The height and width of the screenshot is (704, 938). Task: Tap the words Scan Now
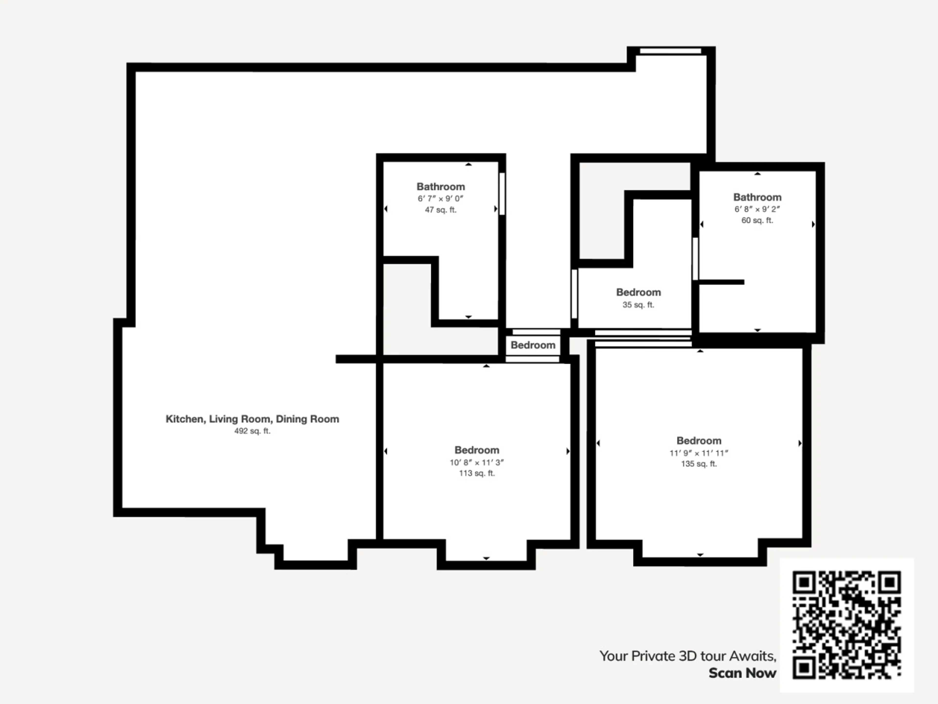tap(743, 673)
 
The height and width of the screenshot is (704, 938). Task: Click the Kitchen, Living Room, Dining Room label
tap(252, 419)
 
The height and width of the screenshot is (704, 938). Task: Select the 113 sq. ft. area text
tap(477, 473)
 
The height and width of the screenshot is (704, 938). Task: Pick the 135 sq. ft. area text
tap(699, 464)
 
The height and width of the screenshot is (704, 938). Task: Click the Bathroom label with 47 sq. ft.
tap(441, 187)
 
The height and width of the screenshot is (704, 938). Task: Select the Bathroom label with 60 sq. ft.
tap(757, 197)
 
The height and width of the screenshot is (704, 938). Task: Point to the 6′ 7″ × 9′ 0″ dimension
tap(441, 198)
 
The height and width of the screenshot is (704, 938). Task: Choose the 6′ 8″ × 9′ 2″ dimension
tap(757, 209)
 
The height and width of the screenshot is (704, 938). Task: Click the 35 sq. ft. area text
tap(638, 305)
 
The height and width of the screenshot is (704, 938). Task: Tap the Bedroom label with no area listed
tap(533, 345)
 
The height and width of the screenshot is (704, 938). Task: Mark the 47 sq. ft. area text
tap(441, 210)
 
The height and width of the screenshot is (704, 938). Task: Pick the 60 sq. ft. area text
tap(757, 220)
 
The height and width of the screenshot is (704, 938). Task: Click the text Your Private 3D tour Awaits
tap(688, 656)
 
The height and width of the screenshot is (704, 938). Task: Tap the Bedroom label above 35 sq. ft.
tap(638, 292)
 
